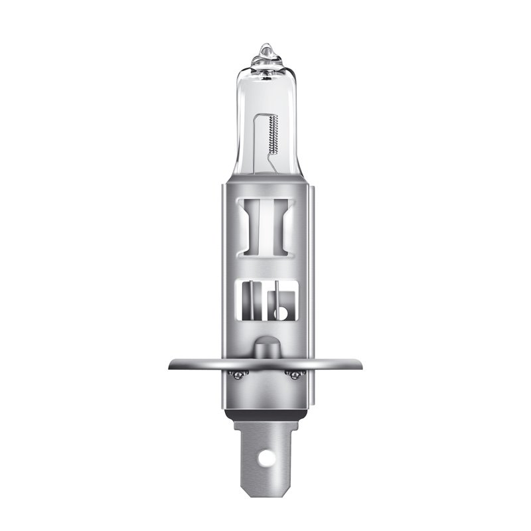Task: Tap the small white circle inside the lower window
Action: (x=281, y=311)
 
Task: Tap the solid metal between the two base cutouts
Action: (x=265, y=269)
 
